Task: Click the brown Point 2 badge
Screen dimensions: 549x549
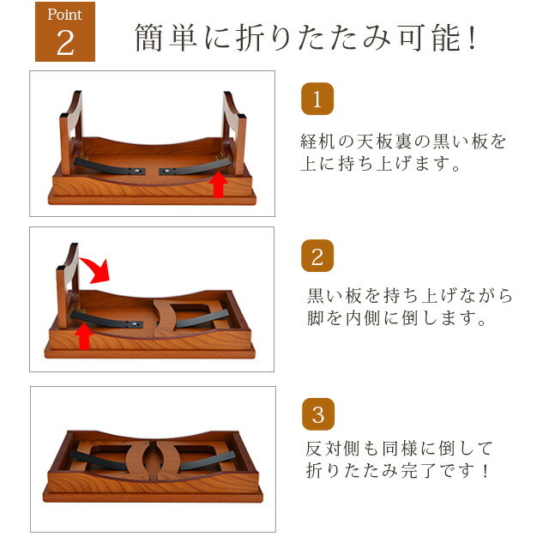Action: (65, 32)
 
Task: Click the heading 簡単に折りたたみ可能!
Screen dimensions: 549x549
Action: (305, 38)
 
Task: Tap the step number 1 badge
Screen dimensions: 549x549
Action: (317, 99)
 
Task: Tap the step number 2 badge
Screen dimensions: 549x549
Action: (317, 256)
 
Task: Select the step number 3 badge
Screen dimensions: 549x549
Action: (318, 413)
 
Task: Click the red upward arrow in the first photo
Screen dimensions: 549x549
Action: (218, 184)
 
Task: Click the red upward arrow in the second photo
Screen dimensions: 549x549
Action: (84, 336)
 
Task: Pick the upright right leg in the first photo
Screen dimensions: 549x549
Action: (234, 133)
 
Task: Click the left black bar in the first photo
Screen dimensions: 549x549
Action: (109, 167)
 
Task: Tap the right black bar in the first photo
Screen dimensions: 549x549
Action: (195, 167)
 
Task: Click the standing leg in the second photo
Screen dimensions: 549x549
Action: (67, 286)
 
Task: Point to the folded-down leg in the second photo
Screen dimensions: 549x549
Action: (185, 317)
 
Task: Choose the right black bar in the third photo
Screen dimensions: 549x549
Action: (207, 461)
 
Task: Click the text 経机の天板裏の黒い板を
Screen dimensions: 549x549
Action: (403, 141)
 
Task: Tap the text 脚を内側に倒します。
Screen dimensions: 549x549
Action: (396, 318)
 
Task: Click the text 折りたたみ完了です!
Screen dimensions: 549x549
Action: (397, 471)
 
